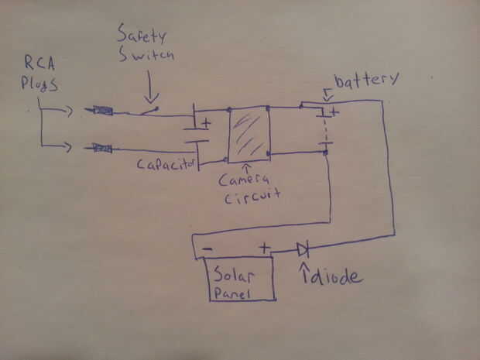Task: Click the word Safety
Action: click(139, 35)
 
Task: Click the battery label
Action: click(367, 79)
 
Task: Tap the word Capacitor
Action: click(167, 164)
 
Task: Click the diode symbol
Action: click(303, 249)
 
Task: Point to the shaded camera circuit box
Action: click(248, 133)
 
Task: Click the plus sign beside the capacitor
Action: click(206, 123)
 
